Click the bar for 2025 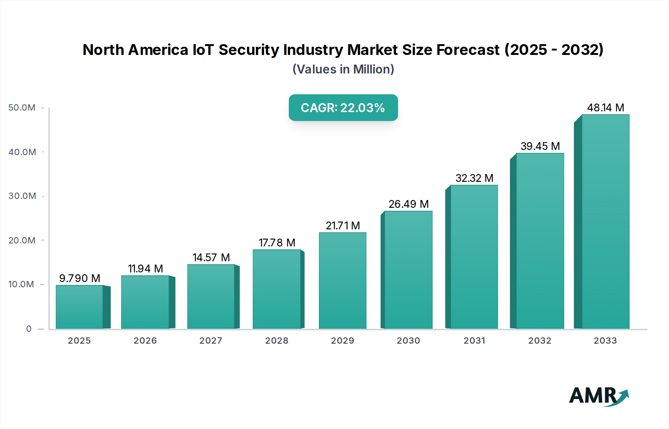click(80, 307)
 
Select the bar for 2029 click(342, 281)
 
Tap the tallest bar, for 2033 click(605, 222)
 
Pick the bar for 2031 click(474, 257)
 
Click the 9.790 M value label click(80, 278)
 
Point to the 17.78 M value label click(277, 243)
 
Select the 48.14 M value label click(605, 108)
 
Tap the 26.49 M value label click(408, 204)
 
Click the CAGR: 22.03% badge click(343, 108)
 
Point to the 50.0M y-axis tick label click(22, 108)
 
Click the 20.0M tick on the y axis click(22, 240)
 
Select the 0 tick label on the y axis click(29, 329)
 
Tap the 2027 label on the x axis click(211, 341)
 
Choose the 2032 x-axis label click(540, 341)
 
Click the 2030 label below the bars click(408, 341)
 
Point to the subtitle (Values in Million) click(343, 69)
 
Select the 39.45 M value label click(540, 146)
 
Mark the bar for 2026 click(145, 302)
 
